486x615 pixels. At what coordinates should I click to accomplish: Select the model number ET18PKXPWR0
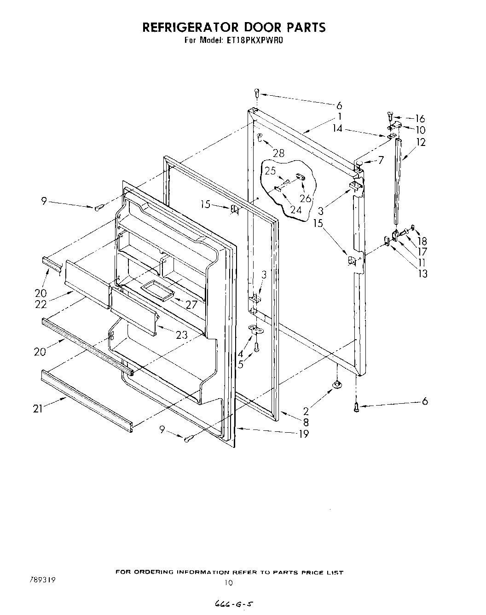[254, 40]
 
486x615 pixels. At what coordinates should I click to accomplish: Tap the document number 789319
[43, 580]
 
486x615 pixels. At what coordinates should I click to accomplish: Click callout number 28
[278, 153]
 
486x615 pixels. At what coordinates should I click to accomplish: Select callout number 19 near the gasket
[304, 433]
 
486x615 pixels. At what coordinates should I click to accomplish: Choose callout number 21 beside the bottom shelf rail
[38, 408]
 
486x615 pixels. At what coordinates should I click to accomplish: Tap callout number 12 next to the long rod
[421, 142]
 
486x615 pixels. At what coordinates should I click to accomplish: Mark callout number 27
[191, 304]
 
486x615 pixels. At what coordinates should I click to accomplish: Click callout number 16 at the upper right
[420, 119]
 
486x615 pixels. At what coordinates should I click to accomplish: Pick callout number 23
[182, 335]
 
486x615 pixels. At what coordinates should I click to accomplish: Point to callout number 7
[381, 161]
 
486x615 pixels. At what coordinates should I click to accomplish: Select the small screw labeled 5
[257, 348]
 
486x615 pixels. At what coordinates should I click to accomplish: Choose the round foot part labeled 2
[337, 384]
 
